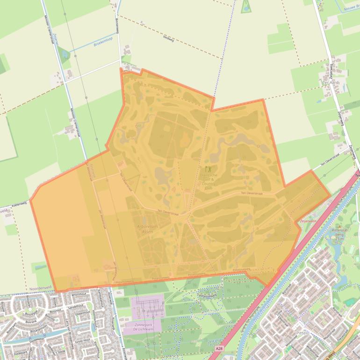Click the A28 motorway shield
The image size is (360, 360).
pos(219,349)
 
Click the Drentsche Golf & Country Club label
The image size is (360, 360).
pos(209,180)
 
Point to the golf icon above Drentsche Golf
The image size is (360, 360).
pos(208,169)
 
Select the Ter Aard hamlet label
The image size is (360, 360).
pos(331,82)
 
